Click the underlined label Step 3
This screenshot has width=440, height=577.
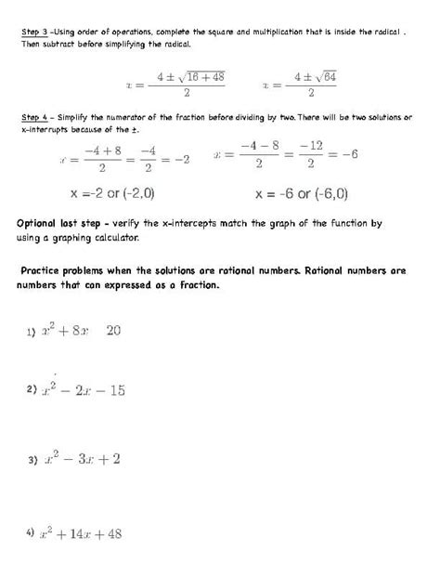(35, 31)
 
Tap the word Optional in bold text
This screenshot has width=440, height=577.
(43, 225)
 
